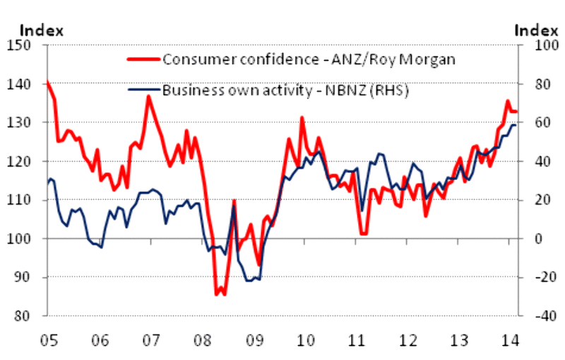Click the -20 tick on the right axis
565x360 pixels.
pyautogui.click(x=534, y=277)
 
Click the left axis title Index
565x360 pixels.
pyautogui.click(x=42, y=30)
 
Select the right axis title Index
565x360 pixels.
pyautogui.click(x=536, y=30)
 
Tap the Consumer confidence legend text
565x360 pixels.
pyautogui.click(x=309, y=58)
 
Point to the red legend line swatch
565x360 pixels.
pyautogui.click(x=143, y=58)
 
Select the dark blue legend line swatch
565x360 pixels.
pyautogui.click(x=143, y=90)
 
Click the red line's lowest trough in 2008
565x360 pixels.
pyautogui.click(x=218, y=294)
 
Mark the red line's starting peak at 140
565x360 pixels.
pyautogui.click(x=47, y=83)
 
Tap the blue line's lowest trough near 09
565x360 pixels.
pyautogui.click(x=249, y=281)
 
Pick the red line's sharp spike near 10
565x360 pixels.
pyautogui.click(x=302, y=118)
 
